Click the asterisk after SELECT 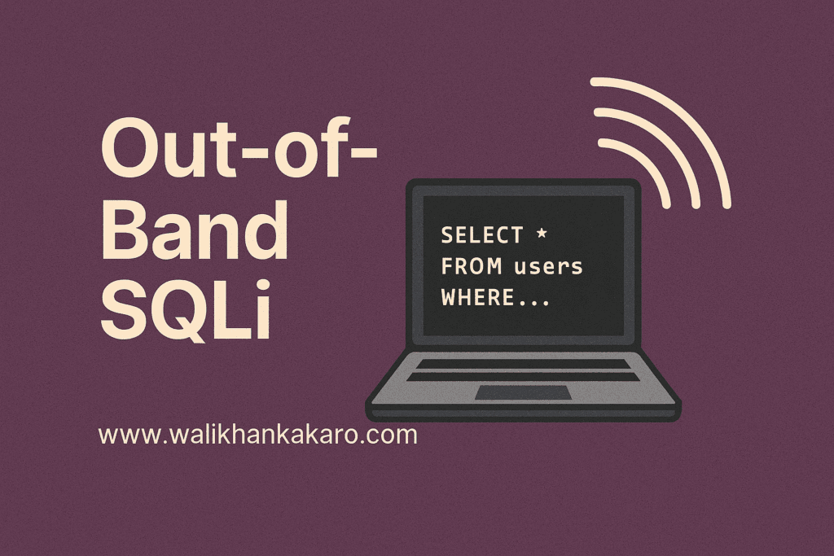click(542, 235)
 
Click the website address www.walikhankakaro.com click(257, 434)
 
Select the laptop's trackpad click(523, 392)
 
